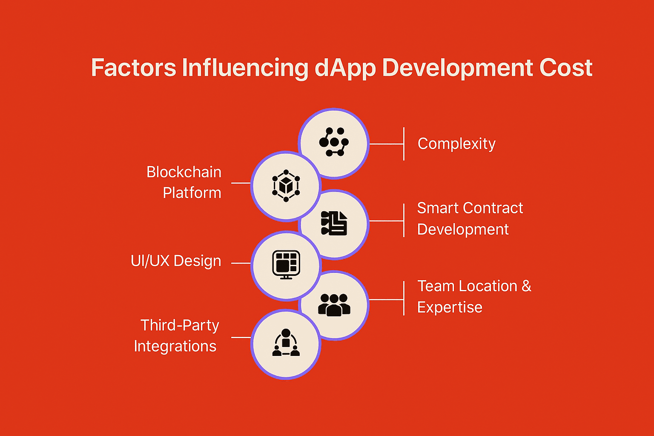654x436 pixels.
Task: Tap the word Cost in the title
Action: [x=566, y=68]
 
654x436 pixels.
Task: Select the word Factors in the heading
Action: [x=134, y=68]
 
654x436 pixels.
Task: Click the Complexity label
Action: [x=456, y=143]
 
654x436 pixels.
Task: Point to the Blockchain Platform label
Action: [x=184, y=182]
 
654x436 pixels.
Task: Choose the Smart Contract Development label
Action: [x=470, y=218]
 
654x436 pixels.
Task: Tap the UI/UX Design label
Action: [x=176, y=261]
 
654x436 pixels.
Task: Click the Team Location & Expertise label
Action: [x=474, y=296]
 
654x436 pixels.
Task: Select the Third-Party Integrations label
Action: [x=177, y=336]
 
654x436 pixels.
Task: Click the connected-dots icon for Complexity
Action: [x=334, y=142]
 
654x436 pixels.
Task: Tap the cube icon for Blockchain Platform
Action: [x=286, y=186]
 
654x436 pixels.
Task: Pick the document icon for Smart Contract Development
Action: [x=334, y=223]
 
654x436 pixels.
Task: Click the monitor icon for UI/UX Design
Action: [x=286, y=264]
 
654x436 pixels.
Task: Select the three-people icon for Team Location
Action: [x=334, y=305]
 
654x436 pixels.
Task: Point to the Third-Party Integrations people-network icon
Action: [x=286, y=342]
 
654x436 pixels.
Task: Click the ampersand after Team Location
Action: [x=526, y=286]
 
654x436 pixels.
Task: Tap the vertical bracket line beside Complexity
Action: [x=404, y=143]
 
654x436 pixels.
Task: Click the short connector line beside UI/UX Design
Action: [x=241, y=263]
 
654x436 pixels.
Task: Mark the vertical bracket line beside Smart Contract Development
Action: [x=404, y=221]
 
